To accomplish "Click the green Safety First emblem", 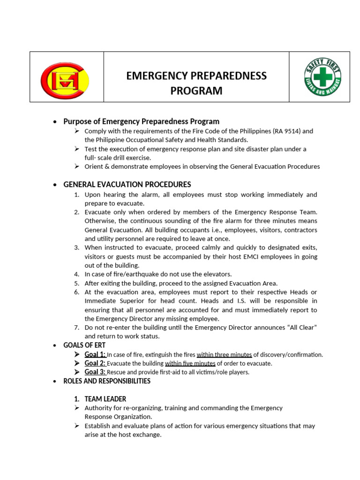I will point(322,76).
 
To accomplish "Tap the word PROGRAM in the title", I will point(196,90).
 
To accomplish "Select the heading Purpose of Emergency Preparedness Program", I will point(141,121).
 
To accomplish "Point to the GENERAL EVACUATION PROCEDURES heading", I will point(127,185).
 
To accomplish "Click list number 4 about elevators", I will point(77,274).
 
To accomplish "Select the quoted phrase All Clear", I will point(300,327).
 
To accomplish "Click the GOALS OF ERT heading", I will point(85,345).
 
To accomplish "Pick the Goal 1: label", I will point(95,354).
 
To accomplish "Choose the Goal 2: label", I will point(95,363).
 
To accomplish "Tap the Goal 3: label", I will point(95,372).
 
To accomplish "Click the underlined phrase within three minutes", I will point(224,354).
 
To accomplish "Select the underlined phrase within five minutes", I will point(190,363).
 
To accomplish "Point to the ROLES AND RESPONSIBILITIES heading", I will point(107,381).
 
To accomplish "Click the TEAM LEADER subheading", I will point(105,399).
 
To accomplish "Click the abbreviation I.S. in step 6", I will point(257,300).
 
